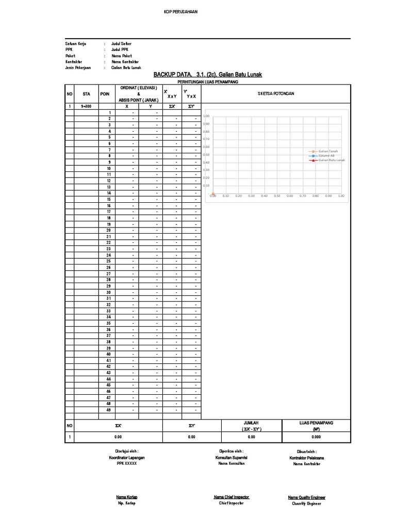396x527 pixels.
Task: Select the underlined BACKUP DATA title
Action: pos(207,75)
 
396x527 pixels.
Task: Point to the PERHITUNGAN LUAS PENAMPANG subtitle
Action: pos(207,82)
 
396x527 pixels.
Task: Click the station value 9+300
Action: pos(87,107)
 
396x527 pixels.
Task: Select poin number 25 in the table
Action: pos(109,261)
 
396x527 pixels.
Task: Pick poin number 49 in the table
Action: pos(109,410)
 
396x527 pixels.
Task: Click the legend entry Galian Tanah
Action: pos(327,150)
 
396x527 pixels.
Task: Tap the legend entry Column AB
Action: pos(326,155)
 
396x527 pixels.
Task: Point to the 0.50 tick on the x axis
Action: pos(277,196)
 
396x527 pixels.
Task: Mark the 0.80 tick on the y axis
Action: pos(206,131)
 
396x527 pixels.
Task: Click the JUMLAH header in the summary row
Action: pos(251,423)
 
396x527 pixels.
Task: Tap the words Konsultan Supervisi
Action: pos(230,457)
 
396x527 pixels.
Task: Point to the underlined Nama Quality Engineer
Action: pos(306,497)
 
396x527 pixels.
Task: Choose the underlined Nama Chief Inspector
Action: pos(232,497)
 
